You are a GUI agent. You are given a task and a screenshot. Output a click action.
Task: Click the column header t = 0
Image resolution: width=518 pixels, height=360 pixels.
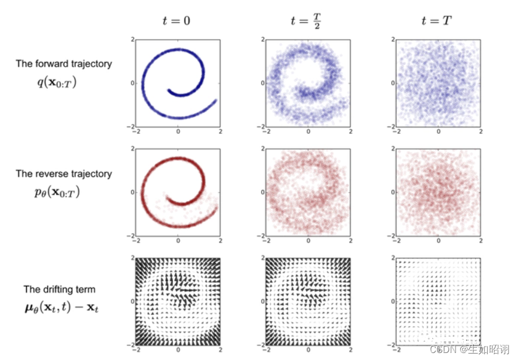[176, 20]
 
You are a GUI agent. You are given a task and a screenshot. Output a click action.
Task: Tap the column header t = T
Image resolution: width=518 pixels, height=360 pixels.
[437, 20]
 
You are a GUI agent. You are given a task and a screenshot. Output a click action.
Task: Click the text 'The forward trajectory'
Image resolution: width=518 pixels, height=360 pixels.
[64, 64]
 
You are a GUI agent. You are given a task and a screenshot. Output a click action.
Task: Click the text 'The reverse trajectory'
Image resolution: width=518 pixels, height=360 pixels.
[64, 174]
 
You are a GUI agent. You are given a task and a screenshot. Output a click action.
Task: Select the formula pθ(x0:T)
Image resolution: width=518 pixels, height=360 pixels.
[56, 192]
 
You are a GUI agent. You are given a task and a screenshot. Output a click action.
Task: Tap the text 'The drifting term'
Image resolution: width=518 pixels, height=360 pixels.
[59, 289]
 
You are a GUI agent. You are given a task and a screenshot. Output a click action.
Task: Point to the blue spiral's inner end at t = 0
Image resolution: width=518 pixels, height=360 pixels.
[168, 91]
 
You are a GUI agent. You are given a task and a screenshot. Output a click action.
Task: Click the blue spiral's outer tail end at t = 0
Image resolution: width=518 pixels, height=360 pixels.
[217, 100]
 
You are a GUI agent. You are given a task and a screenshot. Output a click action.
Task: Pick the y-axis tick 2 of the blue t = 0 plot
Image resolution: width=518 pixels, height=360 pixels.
[132, 39]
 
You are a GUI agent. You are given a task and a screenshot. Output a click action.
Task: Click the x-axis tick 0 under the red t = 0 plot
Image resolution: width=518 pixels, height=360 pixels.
[178, 240]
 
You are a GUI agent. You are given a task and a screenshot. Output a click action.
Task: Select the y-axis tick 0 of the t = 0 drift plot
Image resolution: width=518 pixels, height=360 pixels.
[132, 302]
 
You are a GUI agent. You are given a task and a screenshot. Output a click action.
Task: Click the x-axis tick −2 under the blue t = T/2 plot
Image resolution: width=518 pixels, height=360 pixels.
[266, 131]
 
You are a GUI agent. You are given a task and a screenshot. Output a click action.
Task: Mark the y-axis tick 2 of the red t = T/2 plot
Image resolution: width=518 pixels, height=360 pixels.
[262, 148]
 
